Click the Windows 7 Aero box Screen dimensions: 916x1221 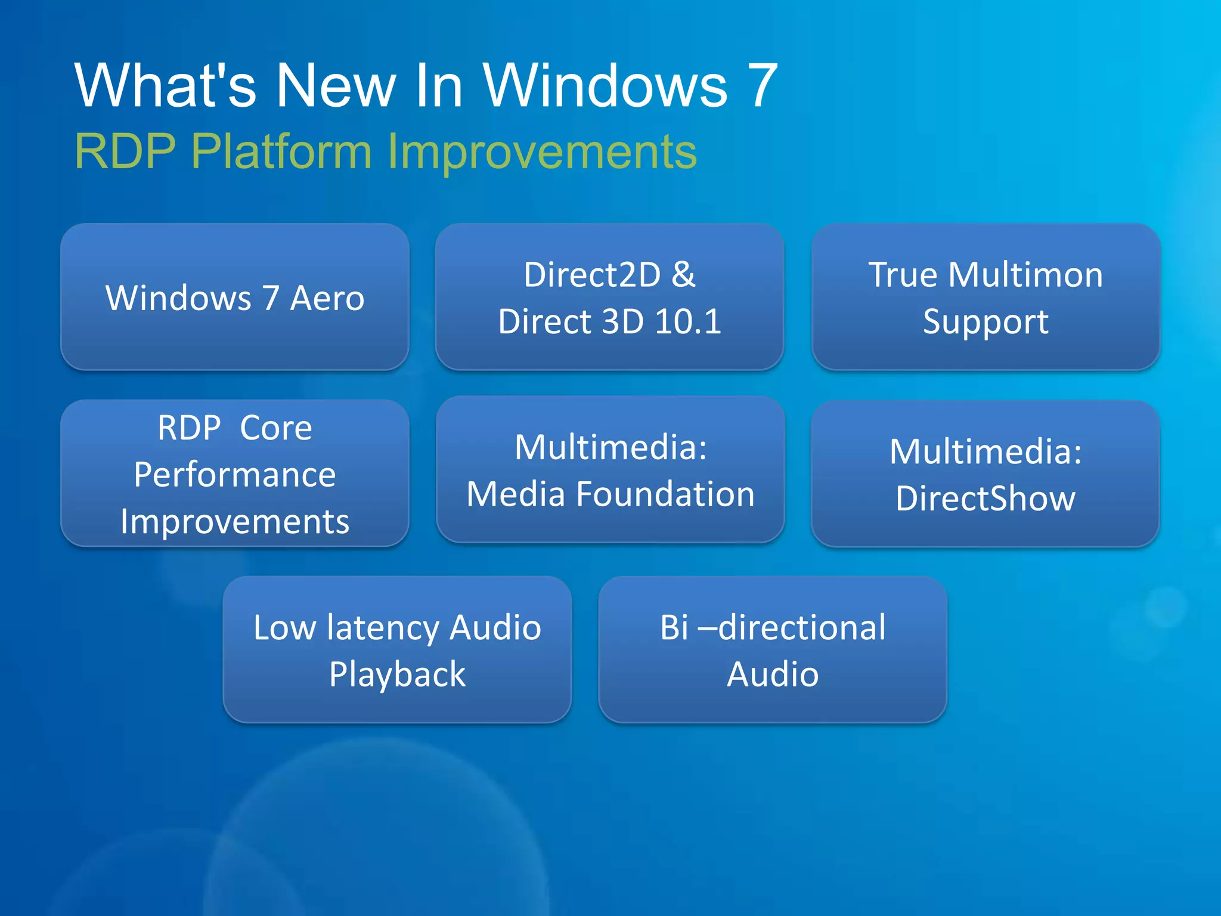point(234,297)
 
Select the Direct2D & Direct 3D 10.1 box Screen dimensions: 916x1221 point(609,297)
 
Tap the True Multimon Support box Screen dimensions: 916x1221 point(986,297)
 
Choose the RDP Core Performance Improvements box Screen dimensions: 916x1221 point(234,474)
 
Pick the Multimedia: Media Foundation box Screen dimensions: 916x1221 point(610,469)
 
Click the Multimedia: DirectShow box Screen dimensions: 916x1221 point(985,474)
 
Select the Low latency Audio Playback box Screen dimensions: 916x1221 point(397,649)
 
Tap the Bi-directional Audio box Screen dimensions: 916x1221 point(773,649)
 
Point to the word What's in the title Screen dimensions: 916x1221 point(165,86)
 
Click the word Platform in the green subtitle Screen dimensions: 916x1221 point(281,152)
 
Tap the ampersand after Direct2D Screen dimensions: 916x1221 point(683,275)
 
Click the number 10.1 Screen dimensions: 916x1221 point(687,321)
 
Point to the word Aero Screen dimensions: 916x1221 point(327,298)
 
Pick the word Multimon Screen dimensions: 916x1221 point(1025,275)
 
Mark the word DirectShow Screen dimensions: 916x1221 point(985,498)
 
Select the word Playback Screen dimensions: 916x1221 point(397,674)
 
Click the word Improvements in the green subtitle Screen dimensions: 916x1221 point(541,152)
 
